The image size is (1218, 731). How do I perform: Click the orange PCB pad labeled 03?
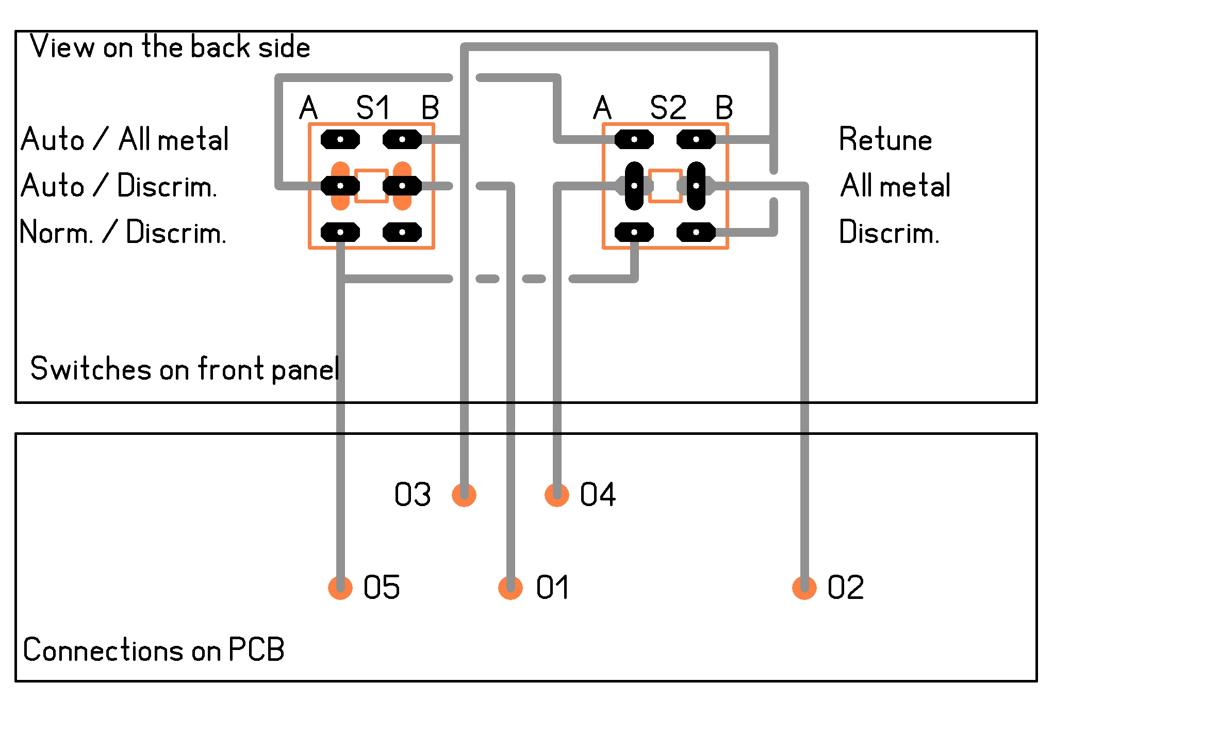[x=464, y=495]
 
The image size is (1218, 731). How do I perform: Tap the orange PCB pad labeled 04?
[x=557, y=495]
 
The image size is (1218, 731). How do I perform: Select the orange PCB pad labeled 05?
[x=340, y=588]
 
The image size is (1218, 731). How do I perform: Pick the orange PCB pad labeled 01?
[x=511, y=588]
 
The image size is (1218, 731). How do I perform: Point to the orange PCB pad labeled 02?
[x=804, y=588]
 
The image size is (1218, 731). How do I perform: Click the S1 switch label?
[x=373, y=108]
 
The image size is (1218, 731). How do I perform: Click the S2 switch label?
[x=668, y=108]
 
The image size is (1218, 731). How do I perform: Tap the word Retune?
[x=885, y=139]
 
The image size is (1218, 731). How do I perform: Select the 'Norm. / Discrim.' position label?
[x=123, y=232]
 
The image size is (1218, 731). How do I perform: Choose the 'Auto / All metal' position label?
[x=125, y=139]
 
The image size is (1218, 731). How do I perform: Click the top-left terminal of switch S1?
[x=340, y=139]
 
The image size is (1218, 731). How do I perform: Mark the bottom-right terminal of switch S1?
[x=402, y=232]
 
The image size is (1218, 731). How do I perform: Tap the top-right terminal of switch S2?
[x=696, y=139]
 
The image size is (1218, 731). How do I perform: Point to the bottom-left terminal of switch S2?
[x=634, y=232]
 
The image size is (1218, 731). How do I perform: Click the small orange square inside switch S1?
[x=371, y=186]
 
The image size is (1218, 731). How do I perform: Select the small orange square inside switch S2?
[x=665, y=186]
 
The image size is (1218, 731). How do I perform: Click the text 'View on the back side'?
[x=170, y=47]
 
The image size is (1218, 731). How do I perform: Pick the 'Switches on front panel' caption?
[x=185, y=369]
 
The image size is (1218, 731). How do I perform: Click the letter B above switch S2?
[x=724, y=108]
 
